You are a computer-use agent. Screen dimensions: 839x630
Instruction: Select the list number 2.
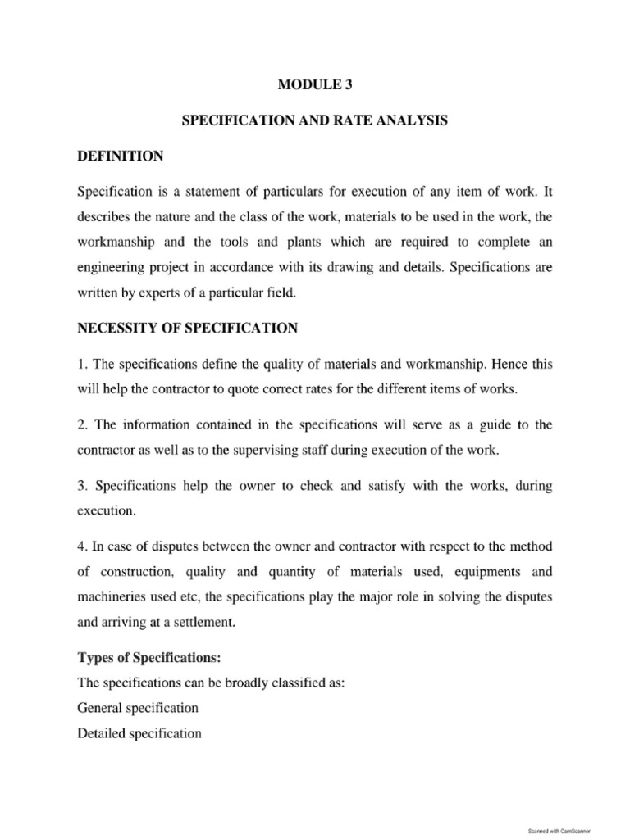[81, 424]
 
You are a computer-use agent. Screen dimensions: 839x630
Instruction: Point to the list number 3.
[81, 486]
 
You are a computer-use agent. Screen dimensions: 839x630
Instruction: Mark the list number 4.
[81, 545]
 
